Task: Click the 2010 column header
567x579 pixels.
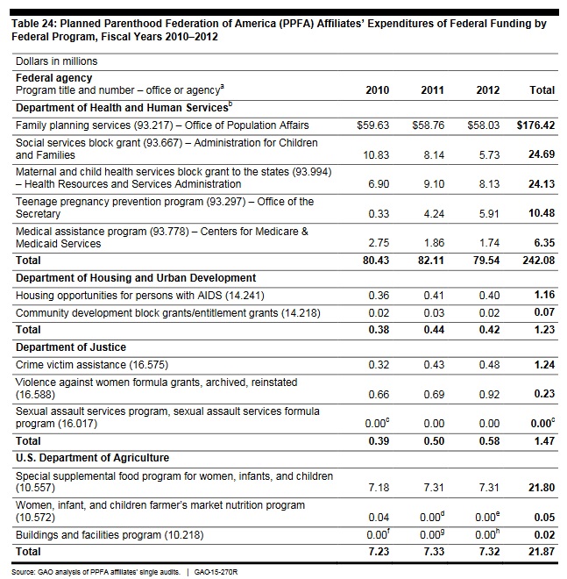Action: tap(377, 90)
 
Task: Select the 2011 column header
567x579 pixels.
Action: tap(432, 90)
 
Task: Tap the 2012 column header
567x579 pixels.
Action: tap(487, 90)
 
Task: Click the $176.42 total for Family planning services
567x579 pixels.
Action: tap(536, 125)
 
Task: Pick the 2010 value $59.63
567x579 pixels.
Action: tap(373, 125)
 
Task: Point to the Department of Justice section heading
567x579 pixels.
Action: tap(71, 347)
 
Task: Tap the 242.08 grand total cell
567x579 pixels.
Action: tap(538, 261)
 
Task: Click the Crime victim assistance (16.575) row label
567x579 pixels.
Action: tap(91, 364)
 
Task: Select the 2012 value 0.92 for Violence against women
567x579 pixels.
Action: tap(488, 395)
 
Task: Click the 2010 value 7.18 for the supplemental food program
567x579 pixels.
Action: tap(377, 486)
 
